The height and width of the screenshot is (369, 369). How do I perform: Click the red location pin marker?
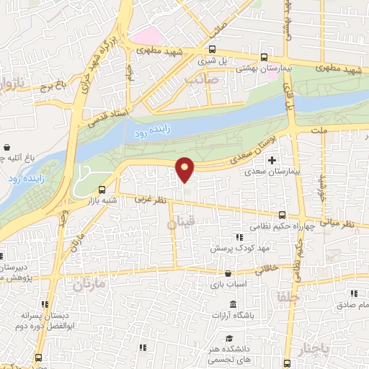185,169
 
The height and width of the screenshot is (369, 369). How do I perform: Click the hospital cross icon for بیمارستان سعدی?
272,160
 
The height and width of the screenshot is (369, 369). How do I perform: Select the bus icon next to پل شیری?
212,50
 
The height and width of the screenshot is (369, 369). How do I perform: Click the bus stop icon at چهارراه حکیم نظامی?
282,215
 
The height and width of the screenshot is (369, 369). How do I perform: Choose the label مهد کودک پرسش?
234,247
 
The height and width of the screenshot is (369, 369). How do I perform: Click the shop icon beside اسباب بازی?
228,273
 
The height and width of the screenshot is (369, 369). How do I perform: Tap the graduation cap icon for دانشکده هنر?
228,339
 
